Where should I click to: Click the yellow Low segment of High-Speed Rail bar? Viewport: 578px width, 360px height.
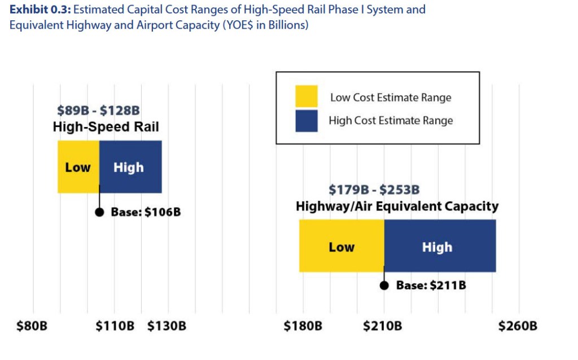[78, 167]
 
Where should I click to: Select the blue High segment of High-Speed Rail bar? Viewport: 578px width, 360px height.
[130, 167]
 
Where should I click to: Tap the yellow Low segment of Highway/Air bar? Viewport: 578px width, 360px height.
[341, 247]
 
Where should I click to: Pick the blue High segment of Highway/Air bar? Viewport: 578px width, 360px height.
[439, 247]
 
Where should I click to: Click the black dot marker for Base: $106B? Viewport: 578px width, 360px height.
[99, 212]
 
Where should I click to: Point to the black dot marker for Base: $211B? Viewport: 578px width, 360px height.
[384, 286]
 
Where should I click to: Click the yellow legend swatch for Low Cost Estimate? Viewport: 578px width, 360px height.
[306, 96]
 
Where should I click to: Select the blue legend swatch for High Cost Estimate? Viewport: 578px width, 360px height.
[306, 120]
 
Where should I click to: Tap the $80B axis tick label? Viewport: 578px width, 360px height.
[32, 326]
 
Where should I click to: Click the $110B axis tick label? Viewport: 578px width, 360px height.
[115, 326]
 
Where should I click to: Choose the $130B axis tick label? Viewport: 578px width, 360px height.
[167, 326]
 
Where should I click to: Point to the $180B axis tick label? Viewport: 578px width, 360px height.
[303, 326]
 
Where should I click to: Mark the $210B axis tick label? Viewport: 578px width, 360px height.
[382, 326]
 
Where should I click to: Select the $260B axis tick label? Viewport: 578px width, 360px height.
[518, 326]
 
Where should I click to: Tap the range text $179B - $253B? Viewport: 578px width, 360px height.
[374, 190]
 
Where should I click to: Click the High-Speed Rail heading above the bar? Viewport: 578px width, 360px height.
[98, 127]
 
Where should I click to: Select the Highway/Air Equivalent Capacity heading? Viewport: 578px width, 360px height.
[397, 206]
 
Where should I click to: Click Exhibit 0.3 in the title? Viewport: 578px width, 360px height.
[39, 10]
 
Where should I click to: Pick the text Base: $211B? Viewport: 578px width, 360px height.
[431, 286]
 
